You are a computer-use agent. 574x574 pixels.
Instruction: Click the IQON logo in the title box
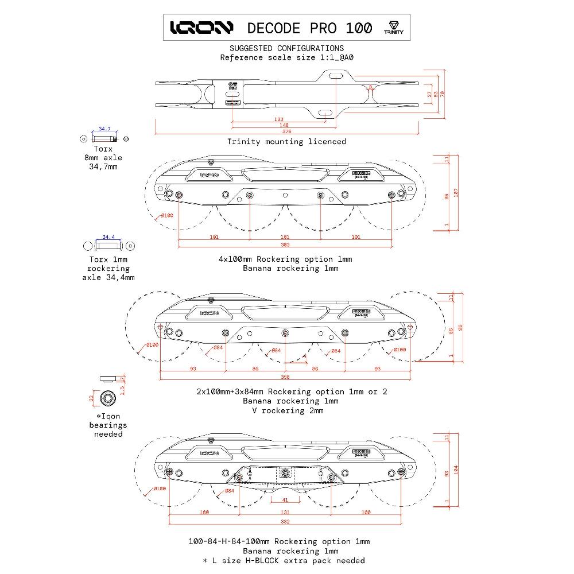pos(201,28)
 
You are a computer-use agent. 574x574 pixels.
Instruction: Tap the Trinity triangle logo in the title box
pos(393,28)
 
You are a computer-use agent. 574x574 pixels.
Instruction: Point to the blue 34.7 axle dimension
pos(104,129)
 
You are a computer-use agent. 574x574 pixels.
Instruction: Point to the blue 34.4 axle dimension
pos(108,236)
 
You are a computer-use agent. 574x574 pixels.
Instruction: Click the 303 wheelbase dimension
pos(285,245)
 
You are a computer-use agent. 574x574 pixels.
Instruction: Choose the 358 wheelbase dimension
pos(285,377)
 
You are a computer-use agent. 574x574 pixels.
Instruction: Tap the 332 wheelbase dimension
pos(285,521)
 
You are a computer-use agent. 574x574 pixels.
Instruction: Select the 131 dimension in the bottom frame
pos(285,512)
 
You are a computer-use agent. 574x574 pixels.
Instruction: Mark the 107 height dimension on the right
pos(456,193)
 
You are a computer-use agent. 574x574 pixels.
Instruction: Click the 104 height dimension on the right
pos(456,468)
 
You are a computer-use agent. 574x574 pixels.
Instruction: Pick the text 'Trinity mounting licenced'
pos(286,141)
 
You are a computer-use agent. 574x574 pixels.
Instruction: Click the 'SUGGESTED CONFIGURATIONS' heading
pos(286,48)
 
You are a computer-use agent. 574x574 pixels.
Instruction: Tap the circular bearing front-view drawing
pos(107,398)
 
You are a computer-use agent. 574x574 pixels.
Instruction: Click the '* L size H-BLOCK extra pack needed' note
pos(283,560)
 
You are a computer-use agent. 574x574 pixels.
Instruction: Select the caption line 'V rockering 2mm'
pos(292,410)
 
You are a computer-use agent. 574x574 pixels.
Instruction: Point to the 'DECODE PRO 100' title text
pos(309,28)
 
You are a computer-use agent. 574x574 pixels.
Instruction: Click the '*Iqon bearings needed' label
pos(108,425)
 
